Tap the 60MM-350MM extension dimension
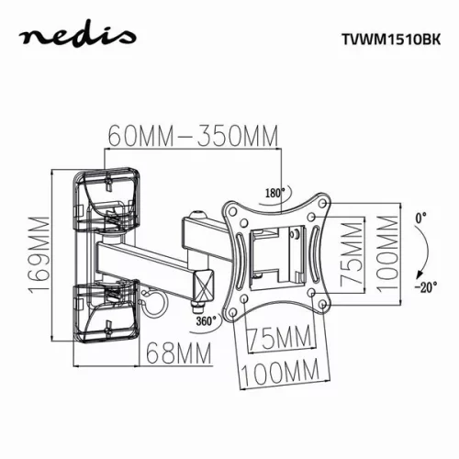[193, 137]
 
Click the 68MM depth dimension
[178, 352]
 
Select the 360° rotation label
[206, 321]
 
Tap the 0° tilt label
[420, 218]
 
